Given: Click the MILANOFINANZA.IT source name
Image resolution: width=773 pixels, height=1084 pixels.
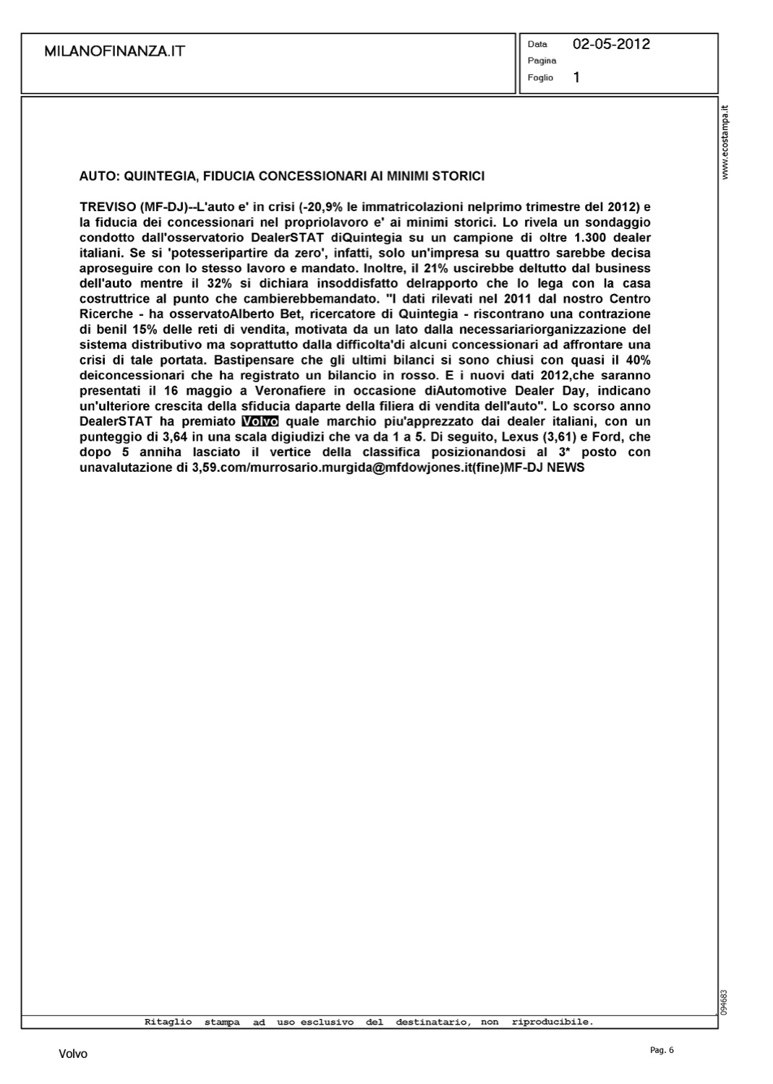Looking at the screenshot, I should pos(114,51).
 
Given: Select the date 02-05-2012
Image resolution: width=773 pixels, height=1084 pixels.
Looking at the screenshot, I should pos(611,44).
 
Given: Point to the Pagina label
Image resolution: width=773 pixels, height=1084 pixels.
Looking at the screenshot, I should pos(542,61).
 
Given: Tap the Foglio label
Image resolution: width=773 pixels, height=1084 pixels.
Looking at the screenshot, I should pos(540,77).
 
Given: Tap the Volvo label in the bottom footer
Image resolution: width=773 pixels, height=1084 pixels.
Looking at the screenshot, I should pos(73,1054).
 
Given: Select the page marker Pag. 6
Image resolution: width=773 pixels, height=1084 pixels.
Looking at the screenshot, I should pos(662,1050).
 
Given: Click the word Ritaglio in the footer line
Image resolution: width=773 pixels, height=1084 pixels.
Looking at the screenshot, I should pos(168,1022).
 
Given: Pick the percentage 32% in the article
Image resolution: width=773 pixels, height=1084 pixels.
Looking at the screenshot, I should pos(217,283).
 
